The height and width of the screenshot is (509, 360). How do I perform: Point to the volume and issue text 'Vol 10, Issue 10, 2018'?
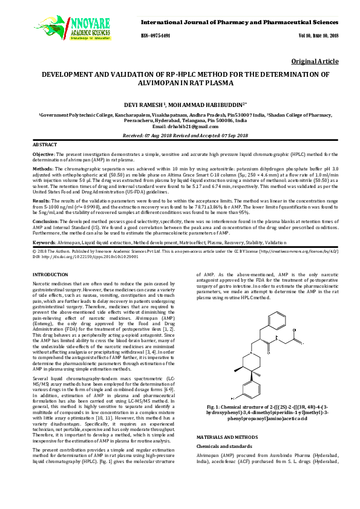pyautogui.click(x=318, y=36)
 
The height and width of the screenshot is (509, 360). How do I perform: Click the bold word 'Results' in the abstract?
pyautogui.click(x=41, y=199)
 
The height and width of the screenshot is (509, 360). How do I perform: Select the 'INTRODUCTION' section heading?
pyautogui.click(x=50, y=274)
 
